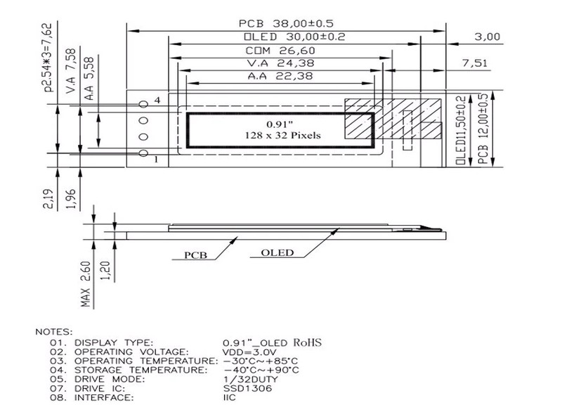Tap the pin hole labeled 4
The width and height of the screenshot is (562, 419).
[x=144, y=104]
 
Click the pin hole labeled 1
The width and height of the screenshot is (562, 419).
[x=144, y=153]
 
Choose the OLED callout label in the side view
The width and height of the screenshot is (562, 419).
[x=277, y=252]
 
